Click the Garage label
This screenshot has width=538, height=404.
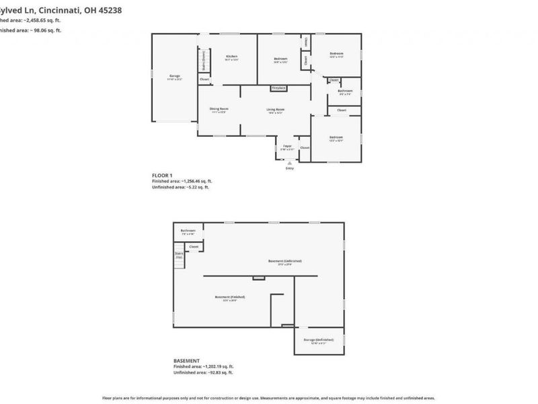point(174,75)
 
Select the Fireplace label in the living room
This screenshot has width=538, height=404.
point(278,88)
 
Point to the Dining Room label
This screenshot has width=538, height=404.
point(219,109)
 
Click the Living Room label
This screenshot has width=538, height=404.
point(275,109)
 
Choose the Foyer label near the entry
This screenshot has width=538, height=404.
point(287,145)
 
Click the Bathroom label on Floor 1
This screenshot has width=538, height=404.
point(345,90)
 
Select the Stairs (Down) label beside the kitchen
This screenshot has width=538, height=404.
point(204,65)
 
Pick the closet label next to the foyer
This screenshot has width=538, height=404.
point(305,147)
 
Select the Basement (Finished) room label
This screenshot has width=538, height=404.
point(229,297)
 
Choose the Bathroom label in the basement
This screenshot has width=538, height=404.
point(188,231)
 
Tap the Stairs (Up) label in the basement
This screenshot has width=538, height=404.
point(180,255)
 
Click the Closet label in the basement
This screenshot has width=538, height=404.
point(194,246)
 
